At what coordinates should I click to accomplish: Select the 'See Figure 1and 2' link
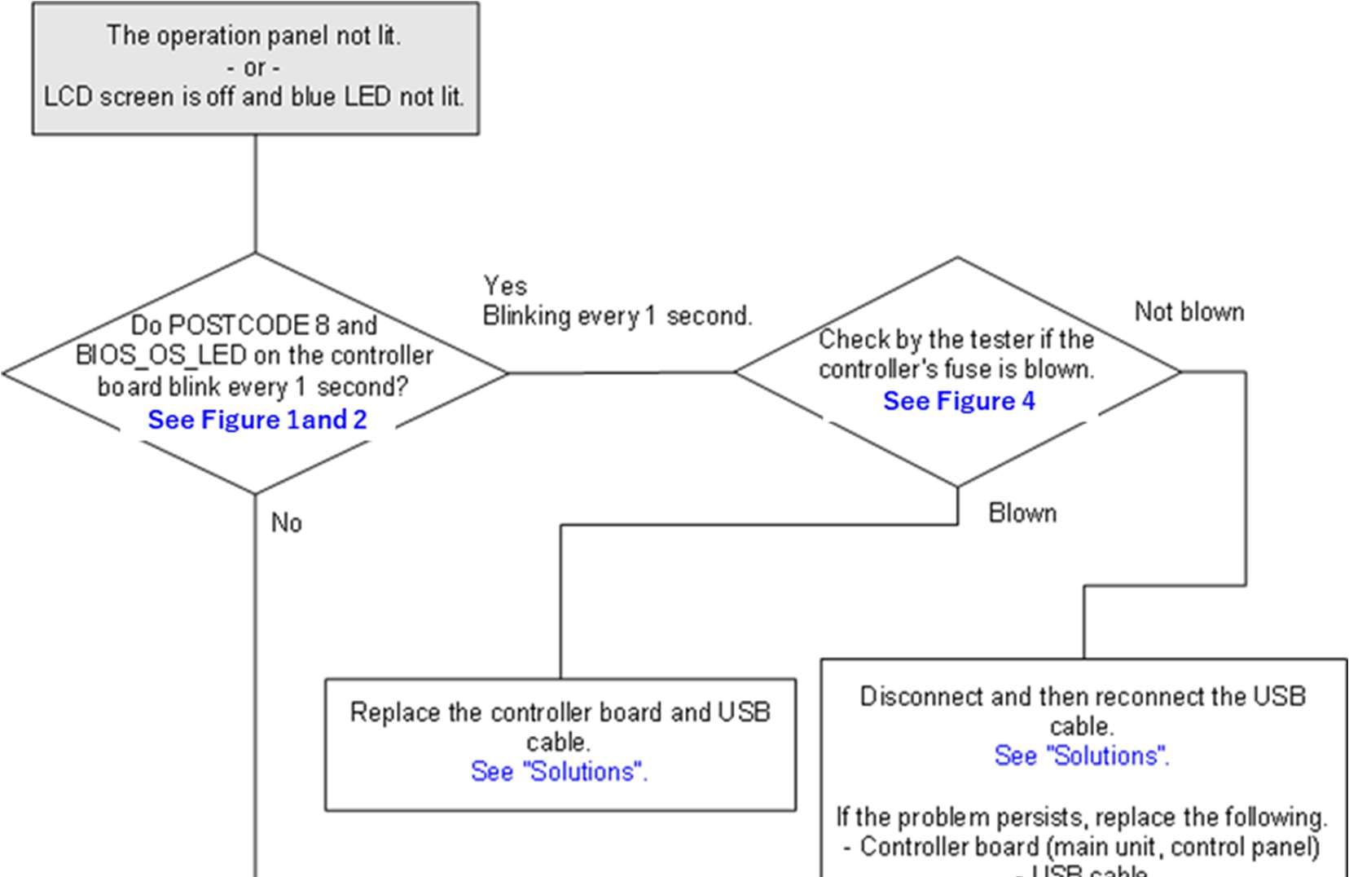(x=257, y=420)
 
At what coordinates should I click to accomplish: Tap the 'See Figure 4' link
(x=959, y=401)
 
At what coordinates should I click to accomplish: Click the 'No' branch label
(x=287, y=522)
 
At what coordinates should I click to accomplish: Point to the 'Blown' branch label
(x=1022, y=513)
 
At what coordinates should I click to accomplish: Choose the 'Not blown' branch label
(x=1189, y=311)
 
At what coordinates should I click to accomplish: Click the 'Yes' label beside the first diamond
(x=505, y=285)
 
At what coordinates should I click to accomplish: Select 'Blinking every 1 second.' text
(x=617, y=315)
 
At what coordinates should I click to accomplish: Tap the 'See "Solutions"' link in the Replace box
(x=559, y=771)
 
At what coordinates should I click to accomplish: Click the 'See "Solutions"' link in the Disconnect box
(x=1082, y=756)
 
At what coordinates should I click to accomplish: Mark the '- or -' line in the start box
(x=254, y=67)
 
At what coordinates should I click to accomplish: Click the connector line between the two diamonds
(x=621, y=372)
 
